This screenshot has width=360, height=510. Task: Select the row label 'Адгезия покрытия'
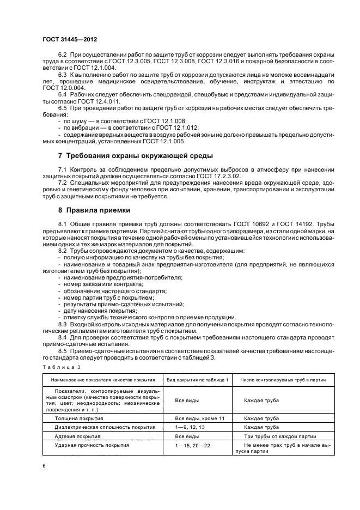[78, 436]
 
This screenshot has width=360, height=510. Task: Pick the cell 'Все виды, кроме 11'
[197, 418]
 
